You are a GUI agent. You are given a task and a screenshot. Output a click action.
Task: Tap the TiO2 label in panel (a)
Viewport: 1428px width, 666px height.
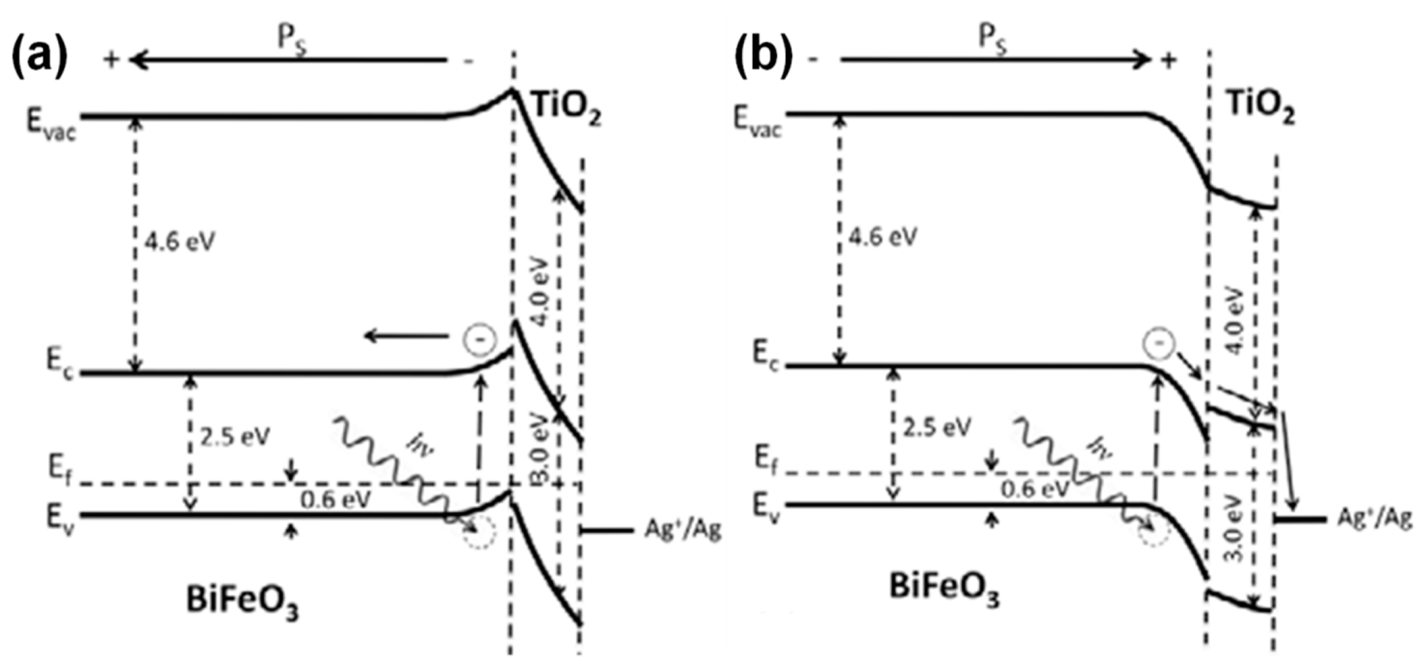point(566,109)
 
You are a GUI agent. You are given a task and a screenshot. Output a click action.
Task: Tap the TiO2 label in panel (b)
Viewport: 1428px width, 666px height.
point(1260,107)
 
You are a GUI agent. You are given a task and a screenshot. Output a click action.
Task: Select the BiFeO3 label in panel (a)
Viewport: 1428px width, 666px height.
point(242,601)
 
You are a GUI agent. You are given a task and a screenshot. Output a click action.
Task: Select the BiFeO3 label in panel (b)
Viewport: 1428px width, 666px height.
point(944,588)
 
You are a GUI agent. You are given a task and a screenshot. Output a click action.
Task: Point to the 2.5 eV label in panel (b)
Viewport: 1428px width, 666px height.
point(937,428)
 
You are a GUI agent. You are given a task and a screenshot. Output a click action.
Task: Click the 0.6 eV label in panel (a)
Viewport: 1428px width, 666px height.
point(336,500)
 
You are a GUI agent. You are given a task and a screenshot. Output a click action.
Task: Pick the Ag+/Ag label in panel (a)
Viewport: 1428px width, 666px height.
point(683,529)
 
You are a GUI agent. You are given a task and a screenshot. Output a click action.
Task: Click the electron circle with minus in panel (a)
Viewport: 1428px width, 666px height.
point(479,340)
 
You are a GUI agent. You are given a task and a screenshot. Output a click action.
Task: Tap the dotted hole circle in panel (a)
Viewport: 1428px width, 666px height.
point(479,533)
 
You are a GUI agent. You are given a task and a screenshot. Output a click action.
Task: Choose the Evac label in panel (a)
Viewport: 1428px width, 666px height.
point(51,125)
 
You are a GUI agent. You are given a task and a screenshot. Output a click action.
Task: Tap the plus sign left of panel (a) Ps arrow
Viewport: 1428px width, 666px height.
point(111,59)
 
